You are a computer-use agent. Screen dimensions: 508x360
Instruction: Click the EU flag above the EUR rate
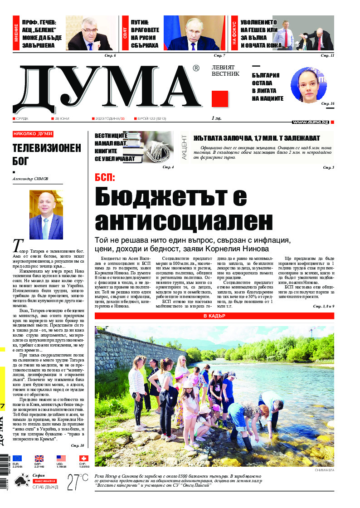click(x=17, y=458)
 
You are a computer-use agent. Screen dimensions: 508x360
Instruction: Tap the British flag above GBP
click(x=39, y=458)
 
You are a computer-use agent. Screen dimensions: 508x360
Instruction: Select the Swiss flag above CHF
click(x=83, y=458)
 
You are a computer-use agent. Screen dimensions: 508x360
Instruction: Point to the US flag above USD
click(x=61, y=458)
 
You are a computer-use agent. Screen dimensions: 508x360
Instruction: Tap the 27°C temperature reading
click(x=77, y=481)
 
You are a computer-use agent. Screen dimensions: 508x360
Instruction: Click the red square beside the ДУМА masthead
click(x=219, y=98)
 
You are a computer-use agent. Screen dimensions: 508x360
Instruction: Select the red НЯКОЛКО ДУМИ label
click(x=33, y=134)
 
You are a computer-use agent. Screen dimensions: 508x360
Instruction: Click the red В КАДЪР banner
click(x=214, y=316)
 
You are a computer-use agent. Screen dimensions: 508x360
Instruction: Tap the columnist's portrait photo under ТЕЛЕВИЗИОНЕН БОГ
click(x=46, y=215)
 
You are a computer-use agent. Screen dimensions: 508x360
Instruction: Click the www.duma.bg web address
click(x=311, y=122)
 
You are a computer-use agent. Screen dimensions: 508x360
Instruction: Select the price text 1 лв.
click(x=217, y=118)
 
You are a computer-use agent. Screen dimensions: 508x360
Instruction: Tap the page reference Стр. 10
click(x=78, y=445)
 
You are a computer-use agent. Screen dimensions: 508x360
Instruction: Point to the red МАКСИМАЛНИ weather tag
click(x=44, y=480)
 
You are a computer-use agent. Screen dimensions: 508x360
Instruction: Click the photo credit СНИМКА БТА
click(x=325, y=470)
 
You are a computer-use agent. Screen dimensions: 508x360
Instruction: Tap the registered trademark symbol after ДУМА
click(x=196, y=68)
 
